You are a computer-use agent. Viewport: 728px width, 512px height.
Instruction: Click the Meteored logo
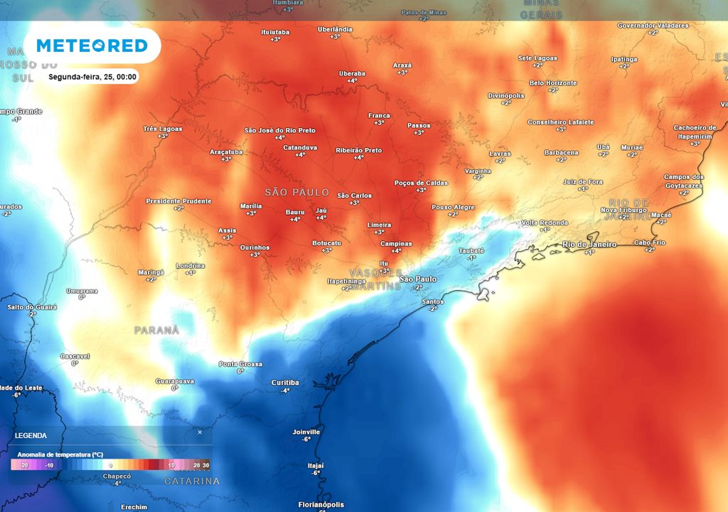click(x=92, y=46)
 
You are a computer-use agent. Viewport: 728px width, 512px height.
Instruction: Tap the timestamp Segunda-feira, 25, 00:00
click(x=92, y=77)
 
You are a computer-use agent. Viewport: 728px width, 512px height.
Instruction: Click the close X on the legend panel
click(x=200, y=432)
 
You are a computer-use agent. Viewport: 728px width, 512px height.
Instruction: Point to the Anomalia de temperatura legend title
click(x=60, y=454)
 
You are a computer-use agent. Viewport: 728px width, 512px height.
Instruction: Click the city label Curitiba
click(x=285, y=383)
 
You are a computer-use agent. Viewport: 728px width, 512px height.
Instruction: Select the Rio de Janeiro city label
click(x=589, y=245)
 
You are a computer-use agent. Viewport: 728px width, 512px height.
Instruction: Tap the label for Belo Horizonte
click(x=553, y=83)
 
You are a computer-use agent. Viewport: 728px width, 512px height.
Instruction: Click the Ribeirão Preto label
click(x=358, y=150)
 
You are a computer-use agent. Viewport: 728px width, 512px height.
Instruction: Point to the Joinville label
click(x=306, y=432)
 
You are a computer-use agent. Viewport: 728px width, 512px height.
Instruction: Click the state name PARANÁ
click(x=156, y=331)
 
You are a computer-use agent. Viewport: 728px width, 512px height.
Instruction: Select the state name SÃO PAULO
click(x=296, y=193)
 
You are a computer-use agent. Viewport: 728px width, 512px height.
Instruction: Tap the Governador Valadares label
click(x=653, y=25)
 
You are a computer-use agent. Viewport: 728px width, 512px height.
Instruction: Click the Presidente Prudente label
click(x=178, y=201)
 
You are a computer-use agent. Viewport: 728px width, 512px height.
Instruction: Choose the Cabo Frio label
click(x=649, y=242)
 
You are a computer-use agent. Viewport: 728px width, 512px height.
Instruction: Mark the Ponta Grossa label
click(x=240, y=363)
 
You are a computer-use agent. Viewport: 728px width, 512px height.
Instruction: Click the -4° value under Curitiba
click(x=285, y=390)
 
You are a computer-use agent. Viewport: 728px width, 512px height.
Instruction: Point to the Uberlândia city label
click(x=334, y=29)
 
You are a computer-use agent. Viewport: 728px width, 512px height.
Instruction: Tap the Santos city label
click(x=432, y=302)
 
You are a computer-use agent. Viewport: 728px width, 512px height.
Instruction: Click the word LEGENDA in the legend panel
click(x=31, y=435)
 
